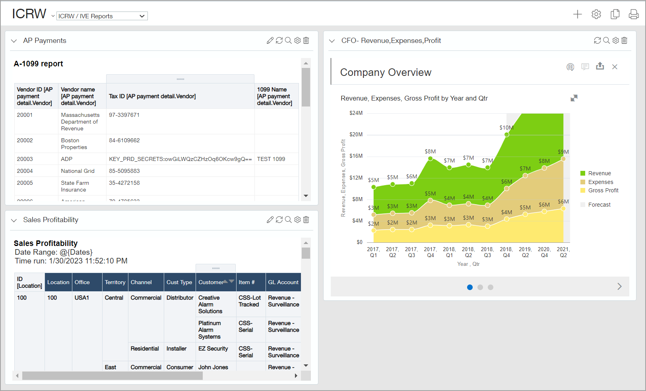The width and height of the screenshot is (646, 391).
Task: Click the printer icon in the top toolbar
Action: click(x=633, y=14)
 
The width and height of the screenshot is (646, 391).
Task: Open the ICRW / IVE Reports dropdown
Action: click(x=102, y=16)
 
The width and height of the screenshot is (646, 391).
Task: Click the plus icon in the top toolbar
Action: click(x=577, y=14)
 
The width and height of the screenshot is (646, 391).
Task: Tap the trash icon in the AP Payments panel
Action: click(x=306, y=41)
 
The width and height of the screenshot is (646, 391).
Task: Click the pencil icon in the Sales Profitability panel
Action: click(x=270, y=220)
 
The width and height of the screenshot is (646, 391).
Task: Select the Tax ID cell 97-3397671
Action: click(x=124, y=115)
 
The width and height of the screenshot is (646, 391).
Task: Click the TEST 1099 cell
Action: click(x=271, y=159)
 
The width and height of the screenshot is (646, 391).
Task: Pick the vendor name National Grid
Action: click(x=78, y=171)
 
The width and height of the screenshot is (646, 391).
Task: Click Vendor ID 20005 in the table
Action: click(x=25, y=183)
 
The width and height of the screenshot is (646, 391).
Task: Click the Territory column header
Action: click(x=115, y=282)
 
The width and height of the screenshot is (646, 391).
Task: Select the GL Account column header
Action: click(x=283, y=282)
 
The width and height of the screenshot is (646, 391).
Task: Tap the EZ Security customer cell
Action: click(x=213, y=348)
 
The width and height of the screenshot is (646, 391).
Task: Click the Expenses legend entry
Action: click(x=600, y=182)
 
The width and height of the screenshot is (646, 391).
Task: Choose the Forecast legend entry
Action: click(x=599, y=205)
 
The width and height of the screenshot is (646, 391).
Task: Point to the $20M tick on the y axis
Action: click(x=356, y=134)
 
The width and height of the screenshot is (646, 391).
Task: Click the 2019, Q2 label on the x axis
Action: click(x=525, y=252)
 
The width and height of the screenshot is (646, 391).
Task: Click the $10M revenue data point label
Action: click(x=506, y=128)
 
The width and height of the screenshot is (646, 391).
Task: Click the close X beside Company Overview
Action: click(x=615, y=67)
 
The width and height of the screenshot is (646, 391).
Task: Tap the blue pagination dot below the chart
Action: click(x=470, y=287)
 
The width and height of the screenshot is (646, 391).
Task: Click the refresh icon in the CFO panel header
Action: click(x=597, y=41)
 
